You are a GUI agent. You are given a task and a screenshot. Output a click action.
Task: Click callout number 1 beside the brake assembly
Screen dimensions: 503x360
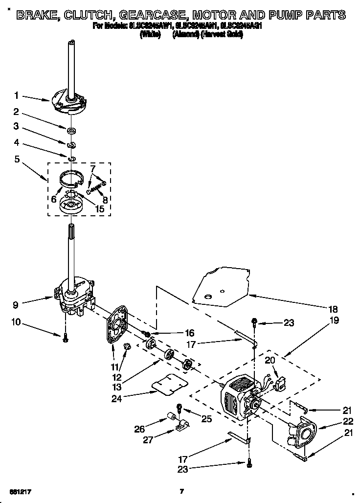(x=17, y=95)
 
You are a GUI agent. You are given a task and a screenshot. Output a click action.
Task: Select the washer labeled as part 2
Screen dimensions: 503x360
(x=71, y=130)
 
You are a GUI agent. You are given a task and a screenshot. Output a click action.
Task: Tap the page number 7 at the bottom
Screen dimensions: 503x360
(x=181, y=491)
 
